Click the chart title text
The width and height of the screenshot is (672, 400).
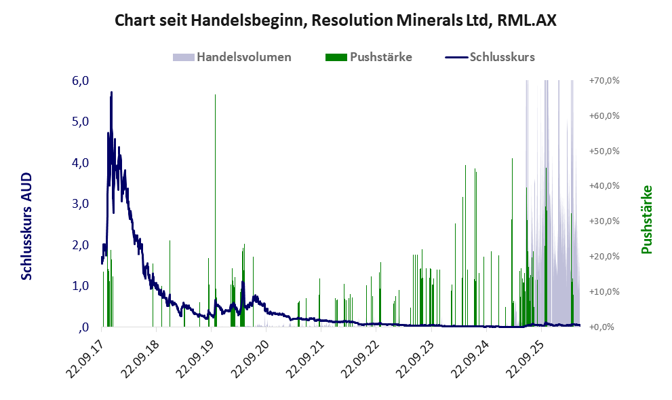(x=336, y=20)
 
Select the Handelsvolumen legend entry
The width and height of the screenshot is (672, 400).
(x=232, y=57)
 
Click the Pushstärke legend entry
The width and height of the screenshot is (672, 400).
(x=369, y=57)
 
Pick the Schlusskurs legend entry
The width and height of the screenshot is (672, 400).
(x=490, y=57)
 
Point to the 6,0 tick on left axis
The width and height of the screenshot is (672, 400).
(x=81, y=81)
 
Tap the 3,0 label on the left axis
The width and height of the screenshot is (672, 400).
(x=81, y=204)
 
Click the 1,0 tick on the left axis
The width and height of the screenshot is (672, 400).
(x=81, y=285)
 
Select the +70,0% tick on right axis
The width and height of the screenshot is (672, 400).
(x=604, y=81)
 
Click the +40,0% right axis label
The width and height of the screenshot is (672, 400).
(x=604, y=186)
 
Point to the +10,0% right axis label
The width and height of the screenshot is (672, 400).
(x=604, y=291)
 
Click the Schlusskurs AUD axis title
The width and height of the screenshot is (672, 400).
(x=26, y=226)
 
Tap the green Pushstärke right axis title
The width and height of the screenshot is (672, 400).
(x=647, y=220)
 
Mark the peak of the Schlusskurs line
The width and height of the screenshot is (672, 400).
(x=111, y=92)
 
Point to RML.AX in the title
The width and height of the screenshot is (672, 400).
(x=527, y=20)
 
